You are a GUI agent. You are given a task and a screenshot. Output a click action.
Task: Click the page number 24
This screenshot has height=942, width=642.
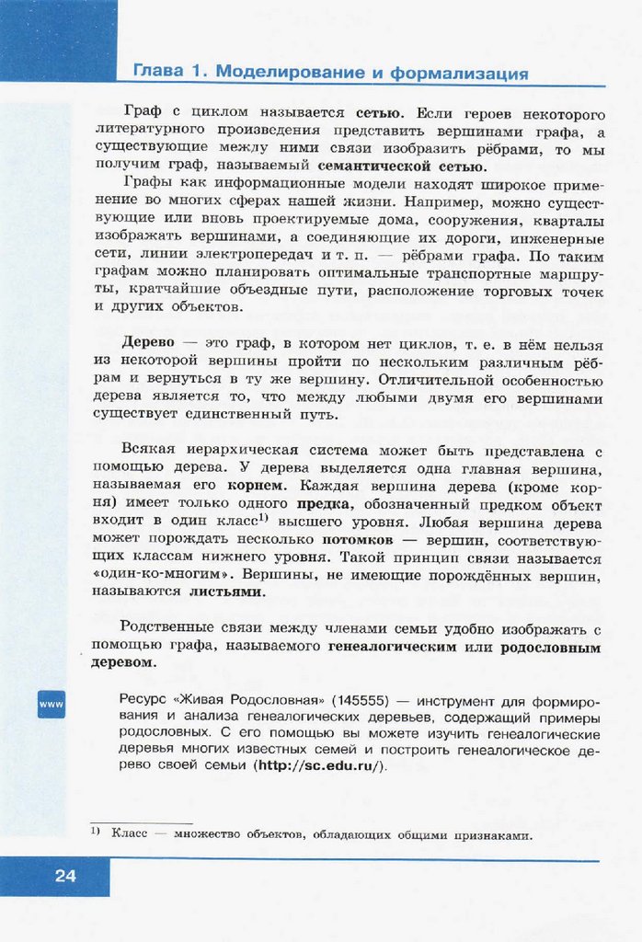[65, 876]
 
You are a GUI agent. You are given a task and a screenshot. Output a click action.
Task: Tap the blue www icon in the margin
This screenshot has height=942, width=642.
[51, 705]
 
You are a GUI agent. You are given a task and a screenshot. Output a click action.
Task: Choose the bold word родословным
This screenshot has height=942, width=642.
[550, 647]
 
